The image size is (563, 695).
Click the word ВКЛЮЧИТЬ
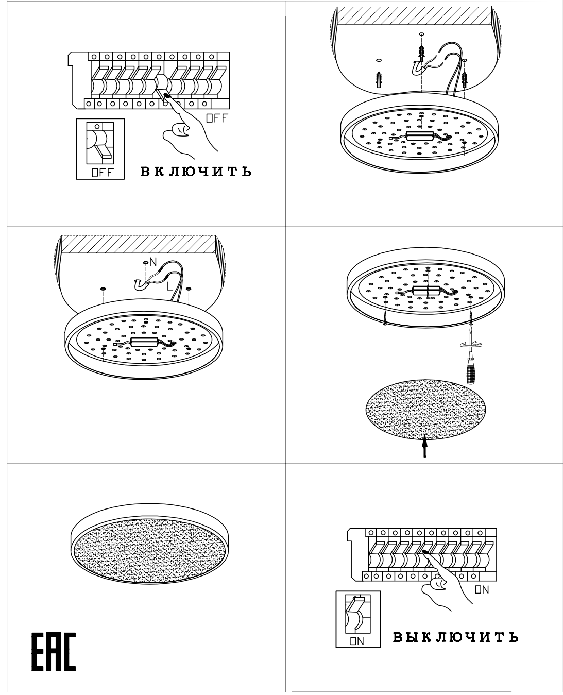click(x=196, y=172)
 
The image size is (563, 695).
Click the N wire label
click(x=153, y=262)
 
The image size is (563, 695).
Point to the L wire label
click(x=169, y=286)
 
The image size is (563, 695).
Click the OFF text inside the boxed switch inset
click(x=102, y=172)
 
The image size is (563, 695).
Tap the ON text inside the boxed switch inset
click(x=357, y=641)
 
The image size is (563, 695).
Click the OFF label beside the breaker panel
click(x=217, y=118)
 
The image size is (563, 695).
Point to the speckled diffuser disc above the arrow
click(x=425, y=409)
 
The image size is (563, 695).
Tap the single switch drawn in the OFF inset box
click(x=100, y=143)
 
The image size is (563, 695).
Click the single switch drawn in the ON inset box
click(x=358, y=614)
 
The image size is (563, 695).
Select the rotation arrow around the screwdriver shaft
click(x=471, y=344)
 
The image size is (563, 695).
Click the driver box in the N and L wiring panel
click(x=144, y=342)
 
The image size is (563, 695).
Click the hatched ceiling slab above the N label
click(x=139, y=244)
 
